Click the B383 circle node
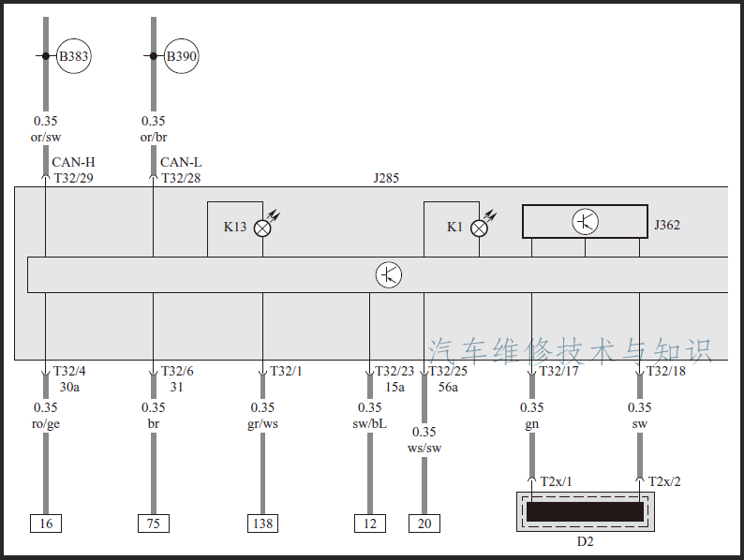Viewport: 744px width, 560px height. click(x=74, y=57)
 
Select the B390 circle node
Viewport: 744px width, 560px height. click(x=182, y=57)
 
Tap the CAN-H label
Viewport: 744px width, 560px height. click(x=73, y=162)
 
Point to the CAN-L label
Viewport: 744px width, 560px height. click(x=181, y=162)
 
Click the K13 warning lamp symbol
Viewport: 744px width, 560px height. click(x=262, y=228)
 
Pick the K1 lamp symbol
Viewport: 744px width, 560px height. click(x=479, y=228)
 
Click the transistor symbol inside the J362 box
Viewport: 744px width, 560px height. click(x=586, y=222)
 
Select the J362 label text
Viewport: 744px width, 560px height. click(x=667, y=225)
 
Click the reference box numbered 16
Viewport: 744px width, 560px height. click(x=46, y=523)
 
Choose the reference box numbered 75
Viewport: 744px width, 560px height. click(x=154, y=523)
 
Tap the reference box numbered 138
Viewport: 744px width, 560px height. click(x=262, y=523)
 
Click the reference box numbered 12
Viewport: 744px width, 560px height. click(x=370, y=523)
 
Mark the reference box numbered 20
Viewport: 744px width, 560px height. click(x=424, y=523)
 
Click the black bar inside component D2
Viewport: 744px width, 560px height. click(x=585, y=511)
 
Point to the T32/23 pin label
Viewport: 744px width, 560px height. click(x=394, y=371)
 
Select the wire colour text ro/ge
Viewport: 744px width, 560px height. click(x=45, y=424)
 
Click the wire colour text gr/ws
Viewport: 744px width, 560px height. click(x=263, y=424)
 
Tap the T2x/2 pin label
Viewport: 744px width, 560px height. click(x=664, y=481)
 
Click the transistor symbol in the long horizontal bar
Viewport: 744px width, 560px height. click(x=389, y=275)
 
